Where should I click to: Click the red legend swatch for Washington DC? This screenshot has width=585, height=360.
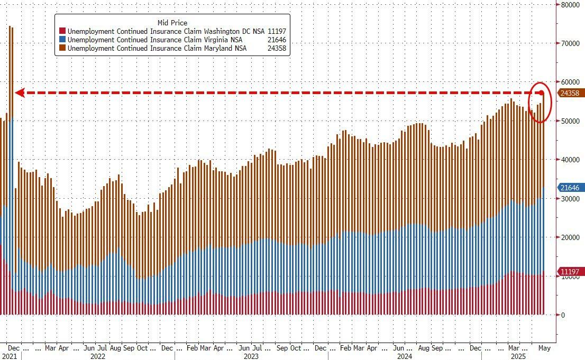(62, 31)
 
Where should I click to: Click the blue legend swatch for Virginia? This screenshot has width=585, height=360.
(62, 40)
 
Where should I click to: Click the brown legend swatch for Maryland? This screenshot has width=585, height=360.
(62, 48)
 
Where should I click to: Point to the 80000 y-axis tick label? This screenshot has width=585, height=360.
(570, 5)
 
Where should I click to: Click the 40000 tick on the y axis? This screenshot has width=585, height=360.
(570, 160)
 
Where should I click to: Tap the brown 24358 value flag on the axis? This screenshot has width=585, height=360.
(570, 93)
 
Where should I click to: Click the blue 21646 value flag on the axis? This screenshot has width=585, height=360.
(570, 188)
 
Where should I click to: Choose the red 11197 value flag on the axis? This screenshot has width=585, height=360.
(570, 272)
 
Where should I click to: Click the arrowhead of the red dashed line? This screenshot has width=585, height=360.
(19, 93)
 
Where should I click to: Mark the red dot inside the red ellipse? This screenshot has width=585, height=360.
(542, 93)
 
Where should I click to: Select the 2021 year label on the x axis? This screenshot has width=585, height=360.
(10, 356)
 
